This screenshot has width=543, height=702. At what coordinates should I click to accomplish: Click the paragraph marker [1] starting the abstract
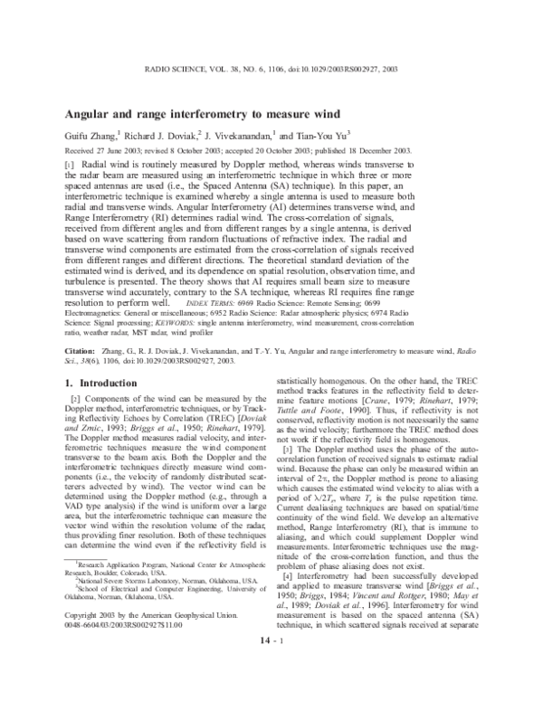pos(71,167)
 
